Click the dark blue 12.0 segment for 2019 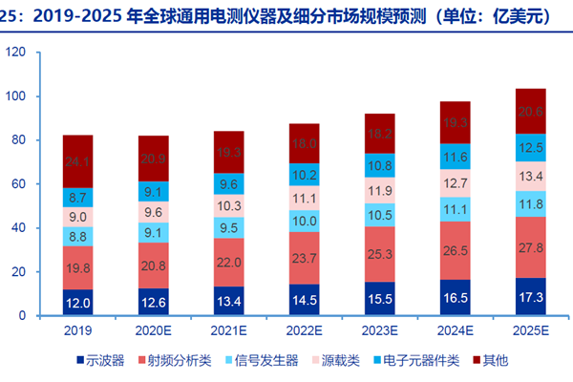(77, 302)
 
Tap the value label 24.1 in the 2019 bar (77, 161)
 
